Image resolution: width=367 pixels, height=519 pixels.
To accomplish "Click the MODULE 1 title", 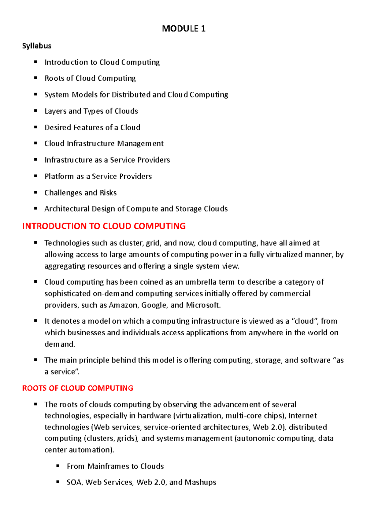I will point(183,29).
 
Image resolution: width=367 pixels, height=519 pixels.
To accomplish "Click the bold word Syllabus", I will point(37,46).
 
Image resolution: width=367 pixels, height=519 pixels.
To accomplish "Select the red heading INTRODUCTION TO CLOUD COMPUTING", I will point(104,226).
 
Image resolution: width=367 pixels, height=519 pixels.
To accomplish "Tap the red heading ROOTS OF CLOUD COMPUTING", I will point(78,388).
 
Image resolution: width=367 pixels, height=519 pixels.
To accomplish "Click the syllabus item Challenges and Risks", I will point(80,193).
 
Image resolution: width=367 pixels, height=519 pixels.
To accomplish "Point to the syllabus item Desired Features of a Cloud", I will point(92,127).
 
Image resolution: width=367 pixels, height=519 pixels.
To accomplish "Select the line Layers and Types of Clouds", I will point(91,111).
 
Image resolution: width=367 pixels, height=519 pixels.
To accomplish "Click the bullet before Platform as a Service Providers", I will point(36,176).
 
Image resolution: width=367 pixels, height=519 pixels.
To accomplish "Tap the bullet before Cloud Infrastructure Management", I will point(36,143).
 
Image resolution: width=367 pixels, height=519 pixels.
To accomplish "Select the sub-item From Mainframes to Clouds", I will point(115,466).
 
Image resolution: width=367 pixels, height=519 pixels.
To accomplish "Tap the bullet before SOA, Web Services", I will point(58,482).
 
